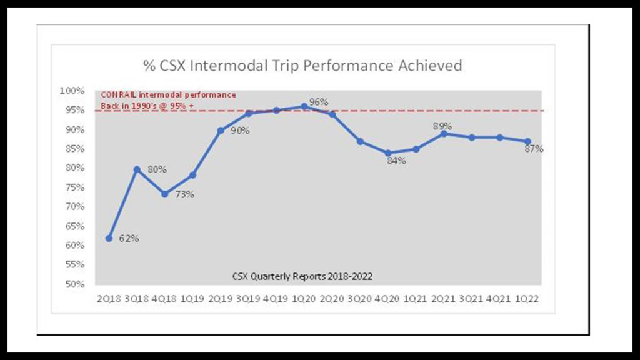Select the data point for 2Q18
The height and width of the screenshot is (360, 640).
[109, 238]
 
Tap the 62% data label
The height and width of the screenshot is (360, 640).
[129, 239]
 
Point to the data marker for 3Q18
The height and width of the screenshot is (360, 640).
[137, 169]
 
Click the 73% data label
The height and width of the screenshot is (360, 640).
[184, 194]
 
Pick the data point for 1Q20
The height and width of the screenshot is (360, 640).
[304, 106]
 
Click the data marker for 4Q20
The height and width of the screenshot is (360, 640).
[387, 152]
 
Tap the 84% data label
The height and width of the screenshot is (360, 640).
[396, 161]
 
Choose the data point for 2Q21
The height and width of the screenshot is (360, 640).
[443, 133]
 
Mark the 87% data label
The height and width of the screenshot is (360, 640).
[534, 149]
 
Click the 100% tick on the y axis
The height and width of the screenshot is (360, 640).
[72, 91]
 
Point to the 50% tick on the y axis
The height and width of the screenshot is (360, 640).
[74, 284]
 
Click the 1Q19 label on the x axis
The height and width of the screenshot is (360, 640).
[192, 299]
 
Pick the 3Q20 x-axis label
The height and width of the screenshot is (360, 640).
[359, 299]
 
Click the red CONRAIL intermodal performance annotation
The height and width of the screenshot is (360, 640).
[168, 99]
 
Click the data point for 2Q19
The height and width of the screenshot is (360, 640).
[221, 131]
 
